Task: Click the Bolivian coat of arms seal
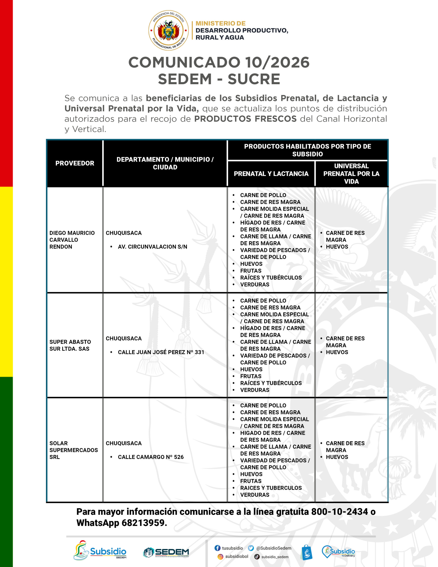[x=168, y=30]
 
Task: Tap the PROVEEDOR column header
[x=75, y=163]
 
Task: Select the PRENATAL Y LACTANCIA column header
[x=271, y=174]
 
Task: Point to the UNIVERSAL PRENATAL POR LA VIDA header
[x=351, y=174]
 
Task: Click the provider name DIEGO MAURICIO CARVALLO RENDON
[x=72, y=240]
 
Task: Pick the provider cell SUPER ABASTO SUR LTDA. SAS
[x=70, y=345]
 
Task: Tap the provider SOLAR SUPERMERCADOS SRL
[x=74, y=450]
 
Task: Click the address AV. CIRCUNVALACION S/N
[x=152, y=247]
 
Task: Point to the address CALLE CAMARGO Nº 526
[x=151, y=457]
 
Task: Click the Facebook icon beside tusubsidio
[x=217, y=548]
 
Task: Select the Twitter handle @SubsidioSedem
[x=274, y=548]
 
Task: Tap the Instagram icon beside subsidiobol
[x=220, y=557]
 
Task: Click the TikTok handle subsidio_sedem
[x=275, y=557]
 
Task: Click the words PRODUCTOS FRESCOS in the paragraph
[x=245, y=119]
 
